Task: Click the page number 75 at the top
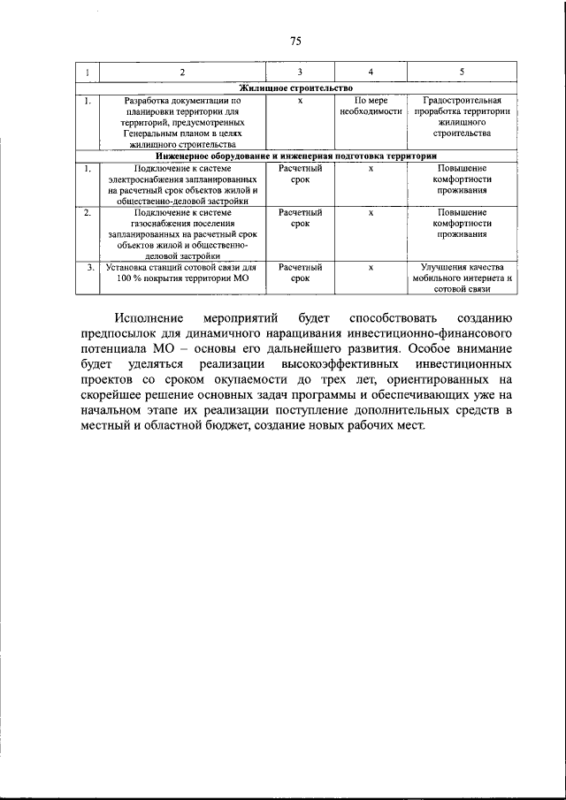295,41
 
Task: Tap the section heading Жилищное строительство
296,88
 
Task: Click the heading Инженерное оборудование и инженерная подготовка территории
296,156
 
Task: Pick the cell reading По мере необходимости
371,106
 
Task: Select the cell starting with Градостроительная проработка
462,117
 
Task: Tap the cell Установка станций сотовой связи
182,272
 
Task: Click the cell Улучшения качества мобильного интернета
462,278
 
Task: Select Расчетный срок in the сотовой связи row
300,272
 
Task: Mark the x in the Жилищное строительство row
300,101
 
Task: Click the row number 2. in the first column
87,213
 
